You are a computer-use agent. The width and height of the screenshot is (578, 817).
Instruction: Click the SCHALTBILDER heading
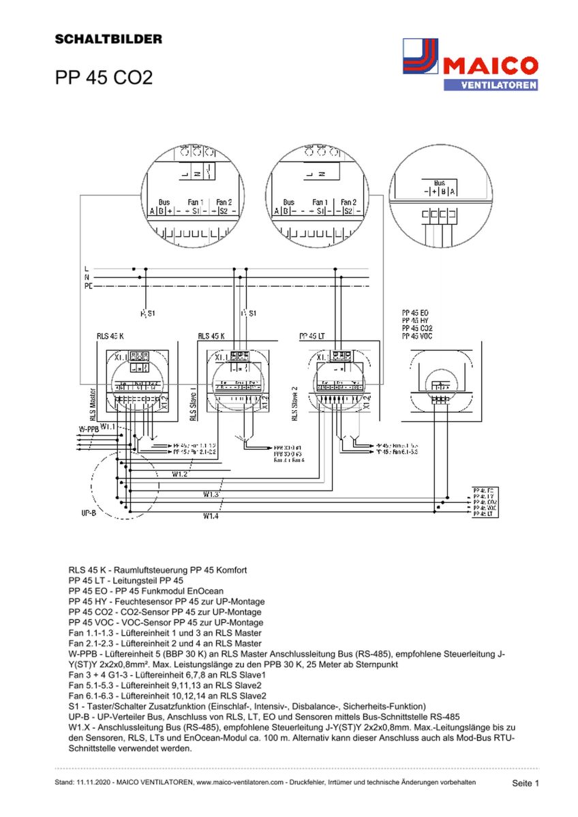pyautogui.click(x=108, y=40)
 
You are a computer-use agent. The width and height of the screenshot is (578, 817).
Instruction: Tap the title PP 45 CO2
pyautogui.click(x=104, y=78)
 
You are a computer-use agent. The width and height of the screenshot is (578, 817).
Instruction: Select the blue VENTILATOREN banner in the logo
pyautogui.click(x=490, y=85)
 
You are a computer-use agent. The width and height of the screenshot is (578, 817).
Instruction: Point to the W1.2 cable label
pyautogui.click(x=180, y=474)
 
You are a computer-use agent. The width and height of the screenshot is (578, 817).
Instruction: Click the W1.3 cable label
pyautogui.click(x=211, y=494)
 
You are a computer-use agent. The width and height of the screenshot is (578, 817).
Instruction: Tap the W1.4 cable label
pyautogui.click(x=211, y=516)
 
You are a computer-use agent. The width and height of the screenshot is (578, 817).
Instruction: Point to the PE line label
pyautogui.click(x=88, y=287)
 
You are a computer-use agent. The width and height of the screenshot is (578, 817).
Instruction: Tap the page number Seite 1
pyautogui.click(x=526, y=784)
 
